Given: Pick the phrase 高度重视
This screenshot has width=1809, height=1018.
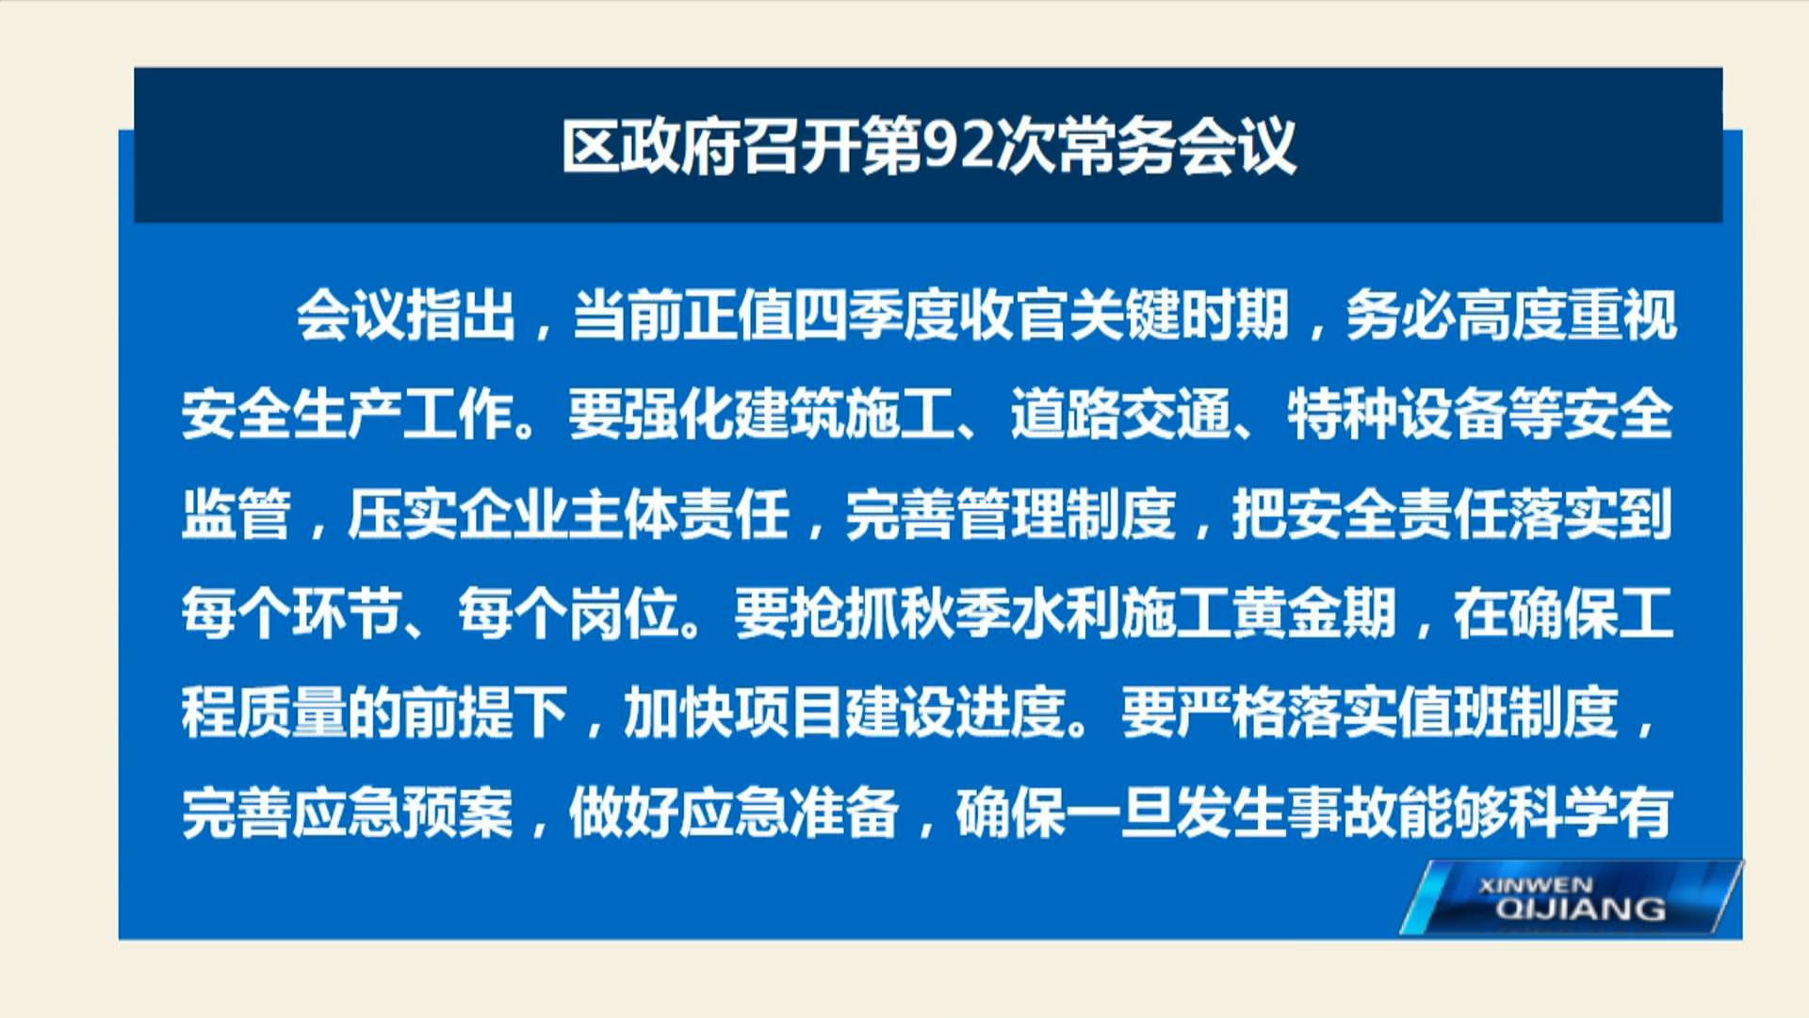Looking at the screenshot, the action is pyautogui.click(x=1567, y=315).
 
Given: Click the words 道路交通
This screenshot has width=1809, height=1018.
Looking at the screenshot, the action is pyautogui.click(x=1121, y=415).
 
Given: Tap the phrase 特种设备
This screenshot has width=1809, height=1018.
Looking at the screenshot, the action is pyautogui.click(x=1398, y=415).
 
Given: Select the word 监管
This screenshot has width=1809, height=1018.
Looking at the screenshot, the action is pyautogui.click(x=236, y=515).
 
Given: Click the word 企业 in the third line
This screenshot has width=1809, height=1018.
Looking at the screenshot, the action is pyautogui.click(x=513, y=515).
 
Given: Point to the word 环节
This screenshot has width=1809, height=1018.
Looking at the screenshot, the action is pyautogui.click(x=348, y=615).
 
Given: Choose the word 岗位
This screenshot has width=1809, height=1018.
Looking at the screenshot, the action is pyautogui.click(x=624, y=615).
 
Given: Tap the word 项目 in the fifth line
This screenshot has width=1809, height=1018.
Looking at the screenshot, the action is pyautogui.click(x=789, y=714).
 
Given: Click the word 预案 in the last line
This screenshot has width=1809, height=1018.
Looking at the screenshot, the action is pyautogui.click(x=458, y=813).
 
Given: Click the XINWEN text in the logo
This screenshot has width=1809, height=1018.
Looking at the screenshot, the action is pyautogui.click(x=1536, y=886).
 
